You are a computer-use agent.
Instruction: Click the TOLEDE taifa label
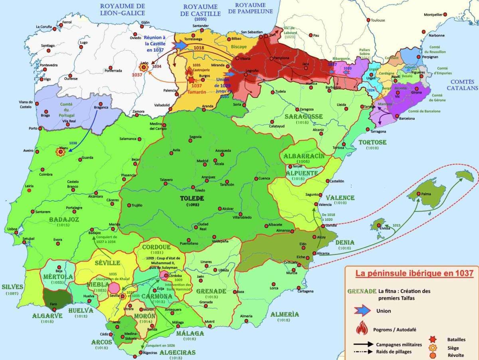point(192,198)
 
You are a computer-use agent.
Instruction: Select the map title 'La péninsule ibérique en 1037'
point(412,274)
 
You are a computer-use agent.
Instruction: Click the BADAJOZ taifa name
point(64,219)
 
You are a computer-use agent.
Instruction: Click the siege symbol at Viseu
point(61,152)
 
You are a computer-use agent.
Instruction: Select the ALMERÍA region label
point(285,314)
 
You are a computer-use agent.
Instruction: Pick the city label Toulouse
point(378,20)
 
